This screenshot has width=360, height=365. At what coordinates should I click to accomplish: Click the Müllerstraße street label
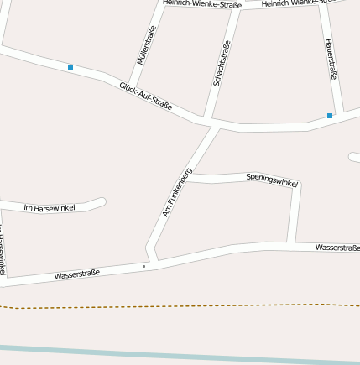pyautogui.click(x=147, y=45)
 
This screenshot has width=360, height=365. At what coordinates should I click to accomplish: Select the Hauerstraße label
pyautogui.click(x=331, y=60)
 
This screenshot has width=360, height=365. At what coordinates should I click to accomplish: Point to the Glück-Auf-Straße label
pyautogui.click(x=145, y=96)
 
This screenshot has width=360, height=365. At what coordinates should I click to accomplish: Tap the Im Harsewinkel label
pyautogui.click(x=50, y=207)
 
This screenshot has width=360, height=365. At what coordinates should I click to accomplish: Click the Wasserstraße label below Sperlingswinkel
pyautogui.click(x=337, y=248)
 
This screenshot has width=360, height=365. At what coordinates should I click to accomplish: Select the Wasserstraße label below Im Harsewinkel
pyautogui.click(x=77, y=274)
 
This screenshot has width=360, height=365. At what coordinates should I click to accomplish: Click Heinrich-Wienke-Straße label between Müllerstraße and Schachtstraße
pyautogui.click(x=202, y=4)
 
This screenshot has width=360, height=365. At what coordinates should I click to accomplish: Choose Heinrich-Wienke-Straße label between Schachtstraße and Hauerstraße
pyautogui.click(x=293, y=4)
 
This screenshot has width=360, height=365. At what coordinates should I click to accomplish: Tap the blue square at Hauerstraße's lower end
pyautogui.click(x=330, y=116)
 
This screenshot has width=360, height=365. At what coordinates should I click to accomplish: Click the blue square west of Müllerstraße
pyautogui.click(x=70, y=66)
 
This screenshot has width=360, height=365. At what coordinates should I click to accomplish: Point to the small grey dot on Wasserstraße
pyautogui.click(x=143, y=266)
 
